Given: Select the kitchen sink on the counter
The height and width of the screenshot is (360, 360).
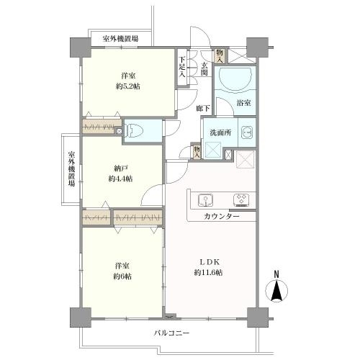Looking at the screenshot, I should [x=203, y=199].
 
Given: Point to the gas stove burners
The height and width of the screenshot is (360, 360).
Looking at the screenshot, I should [x=239, y=199].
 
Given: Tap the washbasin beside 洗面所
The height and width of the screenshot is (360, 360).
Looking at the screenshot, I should [x=246, y=132].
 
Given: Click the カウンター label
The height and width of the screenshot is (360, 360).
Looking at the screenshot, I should [x=220, y=216].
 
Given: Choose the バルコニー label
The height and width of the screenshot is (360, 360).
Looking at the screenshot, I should [x=171, y=333].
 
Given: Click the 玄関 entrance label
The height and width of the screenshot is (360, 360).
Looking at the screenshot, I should [x=204, y=69].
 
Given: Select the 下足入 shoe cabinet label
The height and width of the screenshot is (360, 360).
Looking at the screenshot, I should [x=183, y=66].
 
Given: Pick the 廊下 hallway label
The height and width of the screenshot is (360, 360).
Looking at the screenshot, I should [x=204, y=108].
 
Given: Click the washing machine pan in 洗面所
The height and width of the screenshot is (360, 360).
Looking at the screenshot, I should [x=213, y=150].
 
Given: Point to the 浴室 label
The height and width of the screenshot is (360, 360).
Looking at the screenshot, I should [x=244, y=104].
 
